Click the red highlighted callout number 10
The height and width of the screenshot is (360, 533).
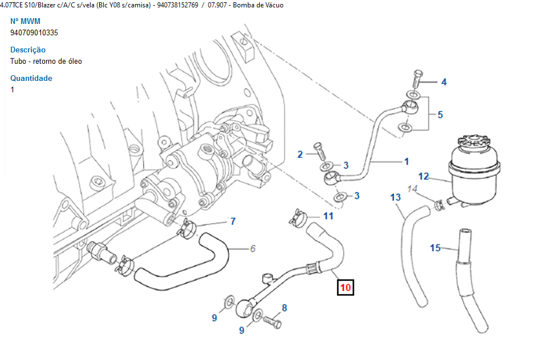(x=345, y=288)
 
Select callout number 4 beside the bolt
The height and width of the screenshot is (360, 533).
(x=444, y=82)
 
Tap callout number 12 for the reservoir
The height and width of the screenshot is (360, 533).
(x=424, y=177)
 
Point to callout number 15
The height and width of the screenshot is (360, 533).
(x=435, y=248)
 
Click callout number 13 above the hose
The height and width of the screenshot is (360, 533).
(x=396, y=198)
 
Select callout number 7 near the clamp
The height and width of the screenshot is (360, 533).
(x=232, y=221)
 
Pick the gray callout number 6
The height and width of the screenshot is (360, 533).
(x=253, y=249)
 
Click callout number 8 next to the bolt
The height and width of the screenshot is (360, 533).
(x=284, y=308)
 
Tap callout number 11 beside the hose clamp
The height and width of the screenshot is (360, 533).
(x=328, y=216)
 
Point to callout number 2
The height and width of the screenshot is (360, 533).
(x=300, y=154)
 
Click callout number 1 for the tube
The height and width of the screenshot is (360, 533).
(x=406, y=162)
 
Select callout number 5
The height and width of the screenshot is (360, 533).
(x=440, y=114)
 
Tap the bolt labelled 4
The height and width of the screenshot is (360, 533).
(x=416, y=76)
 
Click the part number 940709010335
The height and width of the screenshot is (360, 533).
(x=34, y=32)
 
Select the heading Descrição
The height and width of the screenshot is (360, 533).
(x=28, y=50)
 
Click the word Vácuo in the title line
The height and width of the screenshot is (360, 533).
(x=272, y=5)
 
